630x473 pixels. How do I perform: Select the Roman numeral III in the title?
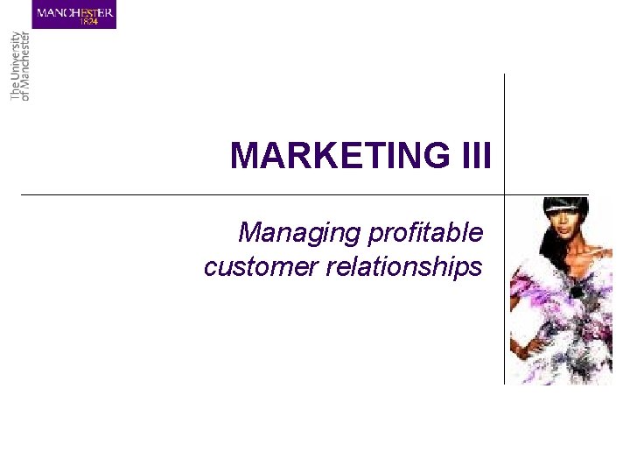pyautogui.click(x=473, y=157)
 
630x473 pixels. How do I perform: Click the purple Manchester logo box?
pyautogui.click(x=74, y=14)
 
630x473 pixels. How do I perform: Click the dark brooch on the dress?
pyautogui.click(x=576, y=290)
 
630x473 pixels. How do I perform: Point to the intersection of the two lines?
pyautogui.click(x=505, y=194)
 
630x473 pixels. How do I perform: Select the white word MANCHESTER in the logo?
pyautogui.click(x=74, y=11)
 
